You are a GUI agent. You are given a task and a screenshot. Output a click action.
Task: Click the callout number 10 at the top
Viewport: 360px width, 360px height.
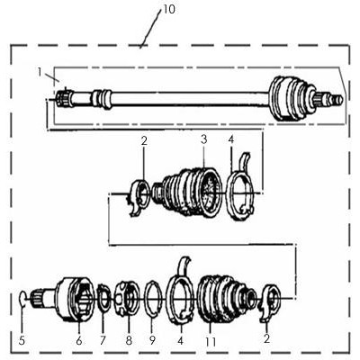click(x=169, y=9)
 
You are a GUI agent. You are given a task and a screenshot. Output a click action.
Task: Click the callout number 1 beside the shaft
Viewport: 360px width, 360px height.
click(x=40, y=72)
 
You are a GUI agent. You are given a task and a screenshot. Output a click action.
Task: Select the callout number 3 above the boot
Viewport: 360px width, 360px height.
click(x=204, y=139)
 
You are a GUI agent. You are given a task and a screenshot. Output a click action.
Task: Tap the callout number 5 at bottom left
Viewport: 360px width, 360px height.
click(x=22, y=341)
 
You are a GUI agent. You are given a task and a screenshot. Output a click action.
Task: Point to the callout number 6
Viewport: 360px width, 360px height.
click(x=79, y=341)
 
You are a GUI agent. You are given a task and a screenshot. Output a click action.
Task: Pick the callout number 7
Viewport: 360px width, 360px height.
click(x=103, y=340)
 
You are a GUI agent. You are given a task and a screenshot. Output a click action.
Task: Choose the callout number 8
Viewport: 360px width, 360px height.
click(x=129, y=341)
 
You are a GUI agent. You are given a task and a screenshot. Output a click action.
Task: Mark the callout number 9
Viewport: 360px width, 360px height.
click(x=152, y=340)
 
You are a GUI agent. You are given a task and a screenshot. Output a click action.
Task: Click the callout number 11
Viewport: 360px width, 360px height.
click(x=211, y=342)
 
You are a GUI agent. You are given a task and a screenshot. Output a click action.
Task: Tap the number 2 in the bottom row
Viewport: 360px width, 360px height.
click(x=266, y=338)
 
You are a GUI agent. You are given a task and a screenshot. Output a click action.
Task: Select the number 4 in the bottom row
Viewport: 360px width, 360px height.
click(x=180, y=340)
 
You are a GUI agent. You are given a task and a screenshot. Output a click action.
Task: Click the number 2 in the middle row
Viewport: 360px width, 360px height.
click(x=144, y=141)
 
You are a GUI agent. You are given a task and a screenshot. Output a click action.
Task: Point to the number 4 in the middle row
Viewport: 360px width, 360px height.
click(x=230, y=139)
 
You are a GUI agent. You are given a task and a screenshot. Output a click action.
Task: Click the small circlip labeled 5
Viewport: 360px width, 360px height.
click(x=22, y=297)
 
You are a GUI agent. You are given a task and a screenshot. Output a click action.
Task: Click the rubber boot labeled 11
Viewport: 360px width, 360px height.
click(x=222, y=300)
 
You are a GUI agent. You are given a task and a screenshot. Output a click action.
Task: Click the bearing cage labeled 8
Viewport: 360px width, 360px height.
click(x=128, y=299)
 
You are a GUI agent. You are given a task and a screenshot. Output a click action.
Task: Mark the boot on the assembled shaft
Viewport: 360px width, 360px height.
click(x=290, y=99)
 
